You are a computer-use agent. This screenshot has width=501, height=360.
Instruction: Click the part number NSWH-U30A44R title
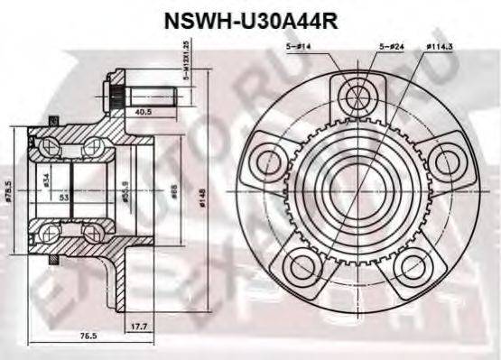249,21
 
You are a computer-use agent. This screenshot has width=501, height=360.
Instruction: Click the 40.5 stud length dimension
142,113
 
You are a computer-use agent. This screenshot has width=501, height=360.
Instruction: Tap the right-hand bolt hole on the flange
444,163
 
